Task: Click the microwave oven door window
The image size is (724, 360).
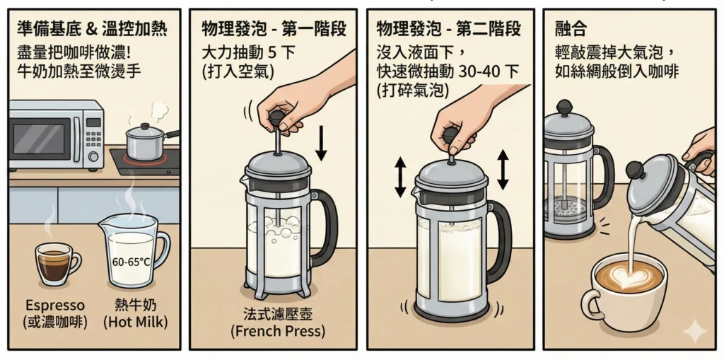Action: (x=39, y=139)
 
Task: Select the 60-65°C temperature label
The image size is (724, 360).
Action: (x=132, y=262)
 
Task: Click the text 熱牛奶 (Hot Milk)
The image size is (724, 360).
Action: (x=135, y=313)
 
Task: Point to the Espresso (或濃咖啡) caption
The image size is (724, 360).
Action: (x=55, y=313)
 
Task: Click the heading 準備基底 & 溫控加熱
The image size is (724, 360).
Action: (x=92, y=30)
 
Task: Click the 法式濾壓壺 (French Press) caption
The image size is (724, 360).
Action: (x=278, y=323)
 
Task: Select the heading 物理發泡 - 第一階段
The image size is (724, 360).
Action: (x=274, y=30)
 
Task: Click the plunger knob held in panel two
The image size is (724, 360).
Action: (x=277, y=117)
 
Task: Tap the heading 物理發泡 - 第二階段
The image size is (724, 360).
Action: (x=449, y=30)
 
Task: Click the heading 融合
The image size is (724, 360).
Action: (x=571, y=30)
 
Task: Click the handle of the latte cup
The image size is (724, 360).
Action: (x=590, y=305)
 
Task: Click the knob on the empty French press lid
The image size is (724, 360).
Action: (x=564, y=108)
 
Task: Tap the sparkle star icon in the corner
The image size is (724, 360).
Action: (x=695, y=330)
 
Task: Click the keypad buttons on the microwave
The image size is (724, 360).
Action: (x=94, y=138)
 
